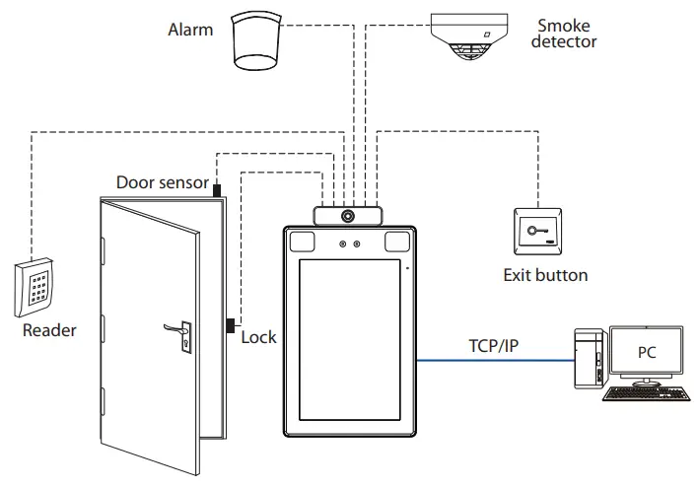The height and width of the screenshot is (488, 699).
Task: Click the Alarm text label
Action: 190,30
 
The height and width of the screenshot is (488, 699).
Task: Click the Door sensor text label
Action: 162,182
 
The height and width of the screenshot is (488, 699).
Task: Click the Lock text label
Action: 259,337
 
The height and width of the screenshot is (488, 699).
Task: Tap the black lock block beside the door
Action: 230,324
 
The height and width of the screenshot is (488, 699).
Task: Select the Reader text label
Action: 49,330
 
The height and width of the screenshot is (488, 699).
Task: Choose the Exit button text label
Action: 545,276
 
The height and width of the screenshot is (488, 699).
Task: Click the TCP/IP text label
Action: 496,346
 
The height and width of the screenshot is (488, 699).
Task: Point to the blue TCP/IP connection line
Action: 493,361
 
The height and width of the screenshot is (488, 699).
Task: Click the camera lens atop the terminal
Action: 347,215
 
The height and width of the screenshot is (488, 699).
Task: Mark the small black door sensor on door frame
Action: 217,186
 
